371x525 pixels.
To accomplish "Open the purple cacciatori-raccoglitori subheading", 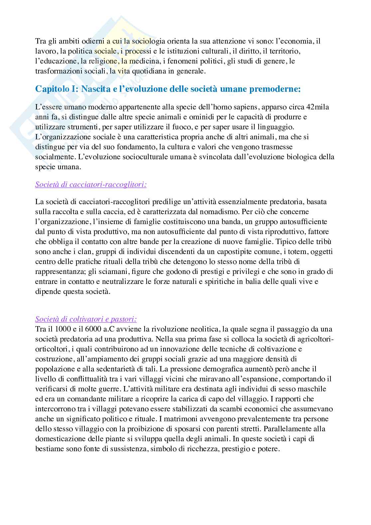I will pos(91,185).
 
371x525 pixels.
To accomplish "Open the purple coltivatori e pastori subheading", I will pos(86,319).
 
